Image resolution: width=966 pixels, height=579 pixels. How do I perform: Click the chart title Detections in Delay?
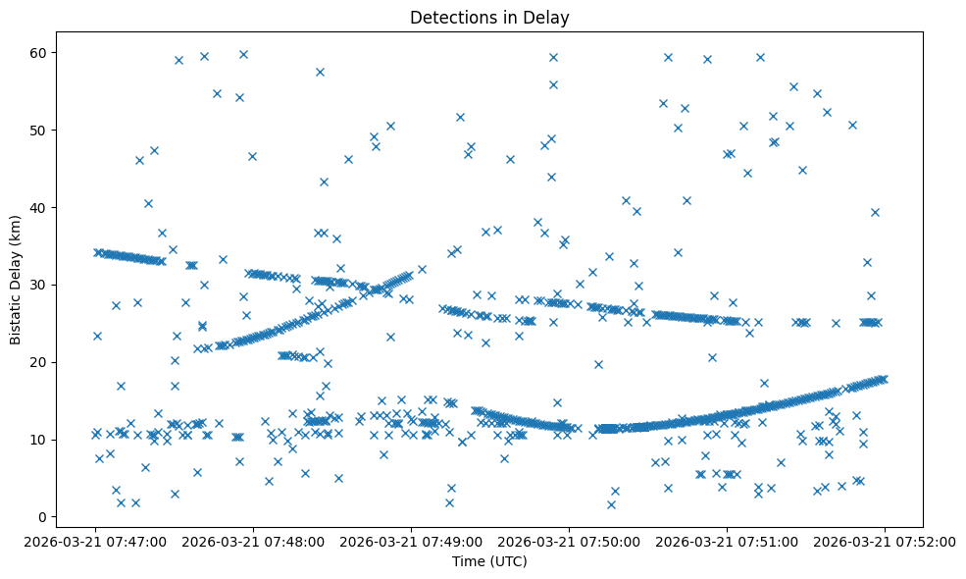[x=488, y=18]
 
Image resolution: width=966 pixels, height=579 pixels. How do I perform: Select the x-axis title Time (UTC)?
[x=488, y=561]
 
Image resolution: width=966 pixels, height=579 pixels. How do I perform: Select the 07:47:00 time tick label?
[x=96, y=541]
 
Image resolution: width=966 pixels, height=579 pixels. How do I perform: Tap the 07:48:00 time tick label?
[x=254, y=541]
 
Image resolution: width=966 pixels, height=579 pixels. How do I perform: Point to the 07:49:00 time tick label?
[x=412, y=541]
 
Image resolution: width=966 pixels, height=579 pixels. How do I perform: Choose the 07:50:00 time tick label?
[x=570, y=541]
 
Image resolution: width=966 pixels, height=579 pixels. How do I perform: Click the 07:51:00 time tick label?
[x=728, y=541]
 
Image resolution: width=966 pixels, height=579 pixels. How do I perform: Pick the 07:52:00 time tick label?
[x=886, y=541]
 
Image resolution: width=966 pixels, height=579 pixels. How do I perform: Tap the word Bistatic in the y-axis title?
[x=16, y=321]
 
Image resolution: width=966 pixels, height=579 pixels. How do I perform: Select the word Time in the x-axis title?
[x=468, y=561]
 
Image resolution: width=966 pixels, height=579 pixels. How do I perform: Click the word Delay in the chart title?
[x=548, y=18]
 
